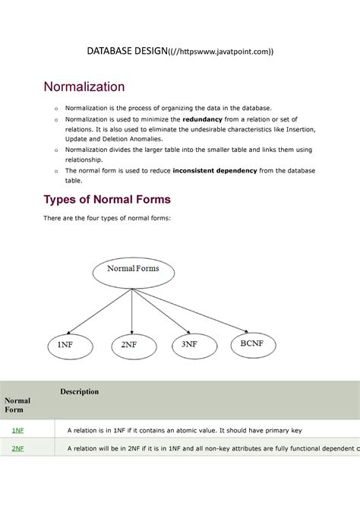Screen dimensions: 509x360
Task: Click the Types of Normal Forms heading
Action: coord(106,200)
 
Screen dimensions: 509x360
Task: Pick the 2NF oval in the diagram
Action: coord(129,345)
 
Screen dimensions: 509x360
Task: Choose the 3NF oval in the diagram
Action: coord(191,344)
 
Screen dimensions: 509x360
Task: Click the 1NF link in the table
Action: coord(17,431)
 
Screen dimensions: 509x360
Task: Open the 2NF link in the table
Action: coord(17,449)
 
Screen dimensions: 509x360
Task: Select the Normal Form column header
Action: coord(17,405)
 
